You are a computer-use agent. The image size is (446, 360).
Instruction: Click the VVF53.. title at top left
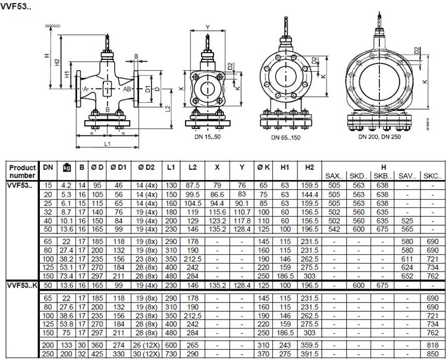15,7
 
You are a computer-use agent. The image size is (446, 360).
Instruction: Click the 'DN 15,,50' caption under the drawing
208,137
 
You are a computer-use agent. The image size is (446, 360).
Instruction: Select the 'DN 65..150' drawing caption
285,137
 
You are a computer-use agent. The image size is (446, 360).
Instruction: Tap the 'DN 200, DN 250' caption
379,137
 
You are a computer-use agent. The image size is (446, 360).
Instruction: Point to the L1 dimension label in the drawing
107,144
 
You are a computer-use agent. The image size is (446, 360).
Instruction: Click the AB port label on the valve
127,89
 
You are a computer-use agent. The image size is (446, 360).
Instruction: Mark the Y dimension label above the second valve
208,27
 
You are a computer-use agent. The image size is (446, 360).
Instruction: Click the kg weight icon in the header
67,168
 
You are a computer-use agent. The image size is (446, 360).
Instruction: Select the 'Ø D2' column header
146,168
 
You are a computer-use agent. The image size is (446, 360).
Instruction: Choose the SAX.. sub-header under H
334,176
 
